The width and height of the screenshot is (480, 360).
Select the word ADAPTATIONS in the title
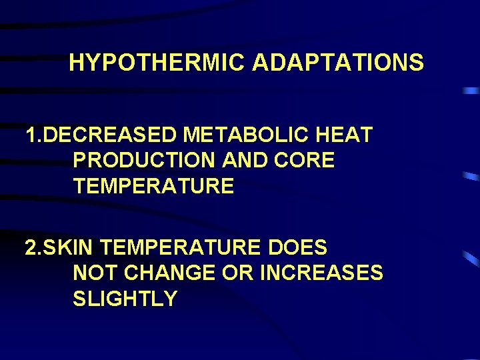pos(338,63)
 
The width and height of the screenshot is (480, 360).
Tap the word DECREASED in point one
pos(111,135)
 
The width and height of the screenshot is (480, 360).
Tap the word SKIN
pos(71,248)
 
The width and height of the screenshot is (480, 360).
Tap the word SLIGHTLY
pos(125,299)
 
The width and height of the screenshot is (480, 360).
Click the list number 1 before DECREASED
pos(30,135)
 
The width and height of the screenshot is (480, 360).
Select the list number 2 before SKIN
pos(30,248)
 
